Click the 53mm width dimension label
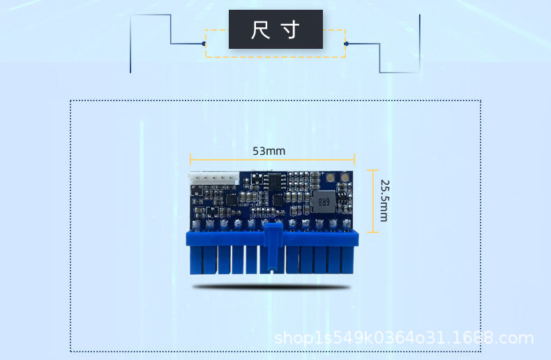coord(269,151)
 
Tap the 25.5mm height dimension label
coord(384,200)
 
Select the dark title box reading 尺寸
coord(275,29)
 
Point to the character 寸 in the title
coord(291,30)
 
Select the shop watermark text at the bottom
coord(404,338)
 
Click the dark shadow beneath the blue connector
coord(272,286)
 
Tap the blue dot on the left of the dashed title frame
coord(204,44)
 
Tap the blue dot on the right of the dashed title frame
coord(346,44)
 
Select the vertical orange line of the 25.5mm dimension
coord(375,200)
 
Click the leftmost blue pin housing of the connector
coord(195,259)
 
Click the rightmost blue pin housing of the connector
coord(349,259)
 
